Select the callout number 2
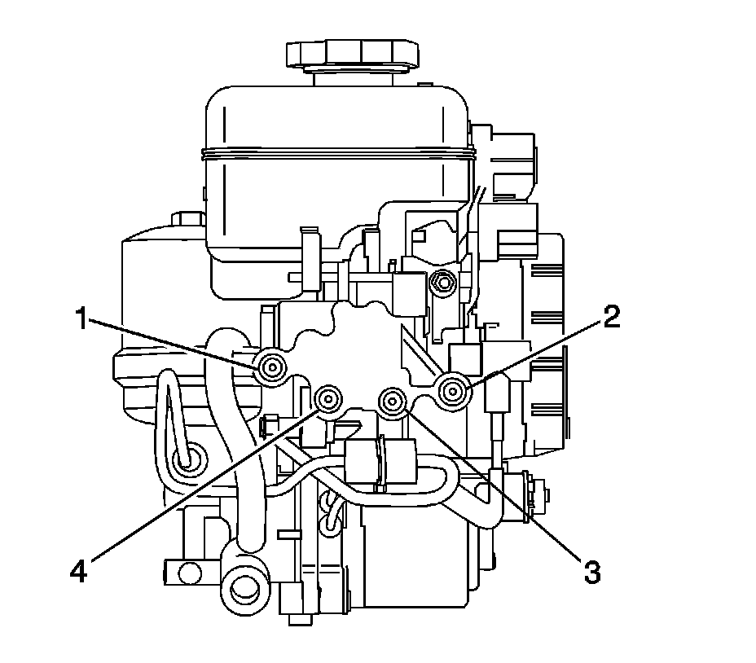click(x=611, y=318)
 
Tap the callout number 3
click(x=592, y=573)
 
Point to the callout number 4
click(x=78, y=573)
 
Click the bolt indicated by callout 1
click(x=272, y=368)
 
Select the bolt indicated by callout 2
click(x=452, y=391)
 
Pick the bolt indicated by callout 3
click(x=393, y=400)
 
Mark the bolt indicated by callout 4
click(x=328, y=399)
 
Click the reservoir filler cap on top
click(x=353, y=54)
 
